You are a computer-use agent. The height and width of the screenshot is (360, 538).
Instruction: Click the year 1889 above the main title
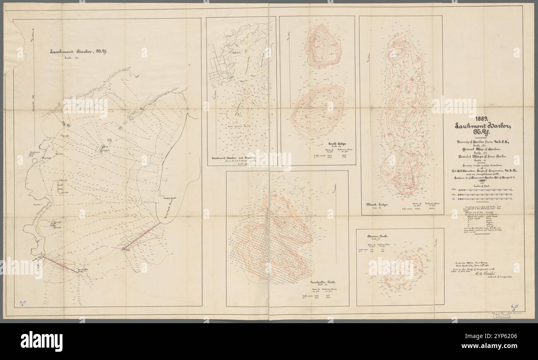click(483, 117)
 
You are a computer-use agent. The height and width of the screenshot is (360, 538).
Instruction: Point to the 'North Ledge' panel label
click(376, 204)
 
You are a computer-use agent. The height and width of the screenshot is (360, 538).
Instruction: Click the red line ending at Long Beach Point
click(141, 237)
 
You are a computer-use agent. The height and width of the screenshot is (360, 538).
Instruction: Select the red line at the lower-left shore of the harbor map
click(59, 264)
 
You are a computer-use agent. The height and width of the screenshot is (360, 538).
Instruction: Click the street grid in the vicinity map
click(219, 70)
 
